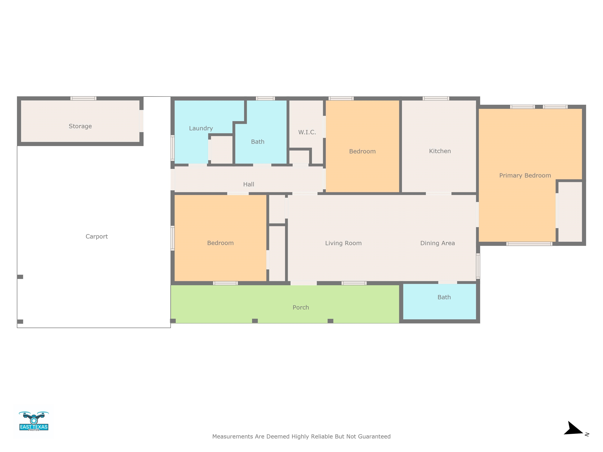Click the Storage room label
click(80, 126)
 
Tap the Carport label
click(97, 236)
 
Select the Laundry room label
click(201, 128)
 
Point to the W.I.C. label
click(307, 132)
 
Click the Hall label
click(249, 184)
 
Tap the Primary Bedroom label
click(525, 175)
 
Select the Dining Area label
click(438, 243)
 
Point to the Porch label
click(301, 307)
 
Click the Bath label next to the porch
click(444, 297)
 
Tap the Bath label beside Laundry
click(258, 142)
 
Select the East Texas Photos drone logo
click(34, 421)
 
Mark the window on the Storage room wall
click(83, 98)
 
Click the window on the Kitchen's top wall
click(436, 98)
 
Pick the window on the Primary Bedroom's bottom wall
click(529, 244)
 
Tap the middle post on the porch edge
click(255, 321)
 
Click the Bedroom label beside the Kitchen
click(362, 151)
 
